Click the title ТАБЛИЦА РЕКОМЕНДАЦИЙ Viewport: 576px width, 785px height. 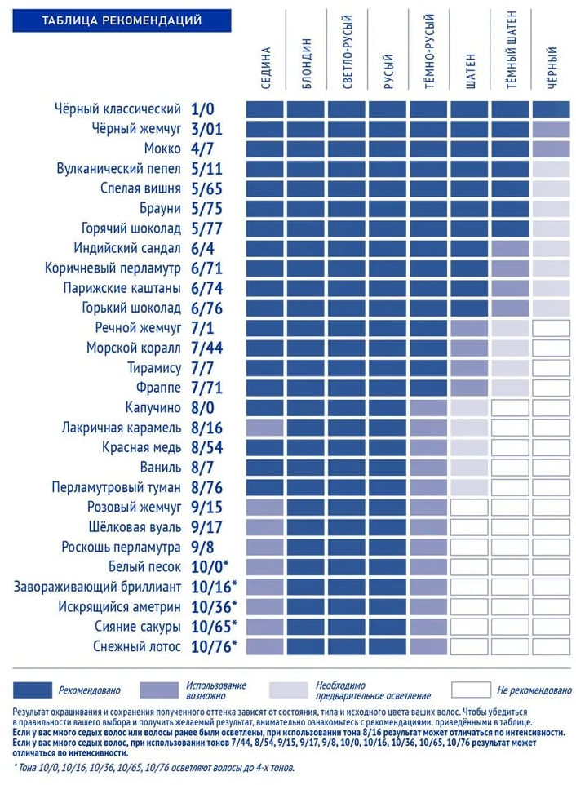pyautogui.click(x=122, y=20)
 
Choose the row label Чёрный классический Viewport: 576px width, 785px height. pyautogui.click(x=117, y=109)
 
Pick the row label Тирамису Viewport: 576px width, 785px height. pyautogui.click(x=154, y=368)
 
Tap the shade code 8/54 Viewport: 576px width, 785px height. pyautogui.click(x=206, y=448)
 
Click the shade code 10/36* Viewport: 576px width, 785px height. pyautogui.click(x=214, y=607)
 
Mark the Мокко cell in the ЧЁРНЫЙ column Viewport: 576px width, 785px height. pyautogui.click(x=551, y=149)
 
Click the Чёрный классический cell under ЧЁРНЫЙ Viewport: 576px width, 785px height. pyautogui.click(x=551, y=109)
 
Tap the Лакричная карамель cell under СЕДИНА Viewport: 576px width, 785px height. pyautogui.click(x=264, y=428)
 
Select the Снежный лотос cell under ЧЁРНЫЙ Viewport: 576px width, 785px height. pyautogui.click(x=551, y=647)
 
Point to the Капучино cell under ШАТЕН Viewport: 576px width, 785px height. pyautogui.click(x=469, y=408)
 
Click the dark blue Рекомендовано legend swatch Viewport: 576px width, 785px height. pyautogui.click(x=32, y=690)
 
